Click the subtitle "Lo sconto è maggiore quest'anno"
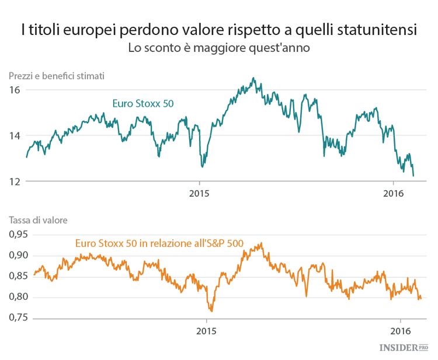(x=218, y=48)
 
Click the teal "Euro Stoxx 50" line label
(x=142, y=104)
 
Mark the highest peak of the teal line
(x=253, y=78)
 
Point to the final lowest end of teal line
(x=413, y=176)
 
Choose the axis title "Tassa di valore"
(x=38, y=220)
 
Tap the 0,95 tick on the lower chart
(x=19, y=235)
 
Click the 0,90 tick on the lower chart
(x=19, y=256)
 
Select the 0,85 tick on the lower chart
(x=19, y=276)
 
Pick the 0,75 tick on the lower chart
(x=19, y=318)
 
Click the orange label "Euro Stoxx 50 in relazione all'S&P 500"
(x=159, y=244)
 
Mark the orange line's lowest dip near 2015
(x=211, y=311)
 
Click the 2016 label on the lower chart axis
(x=400, y=330)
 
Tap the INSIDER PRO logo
(x=404, y=347)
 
